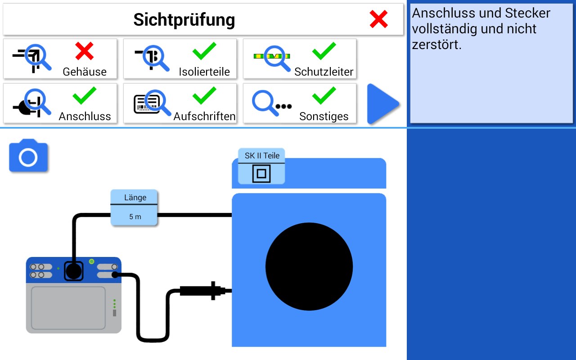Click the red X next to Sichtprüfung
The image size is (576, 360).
tap(378, 19)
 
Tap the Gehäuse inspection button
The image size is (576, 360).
tap(60, 59)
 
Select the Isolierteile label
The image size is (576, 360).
tap(204, 72)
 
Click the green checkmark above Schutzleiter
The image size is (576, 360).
tap(324, 51)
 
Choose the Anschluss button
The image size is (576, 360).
tap(60, 103)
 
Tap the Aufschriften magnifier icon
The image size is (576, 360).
tap(153, 103)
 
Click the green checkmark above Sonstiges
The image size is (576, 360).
tap(324, 95)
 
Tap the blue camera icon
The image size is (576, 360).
tap(28, 156)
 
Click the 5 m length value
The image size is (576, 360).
tap(135, 216)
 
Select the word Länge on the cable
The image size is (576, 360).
tap(135, 198)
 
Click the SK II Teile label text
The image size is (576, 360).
tap(262, 156)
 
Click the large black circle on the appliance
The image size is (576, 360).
tap(309, 267)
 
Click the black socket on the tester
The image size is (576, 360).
tap(73, 271)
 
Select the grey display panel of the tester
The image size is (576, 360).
tap(68, 308)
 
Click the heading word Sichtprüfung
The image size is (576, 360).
tap(184, 20)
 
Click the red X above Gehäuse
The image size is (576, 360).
tap(85, 51)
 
